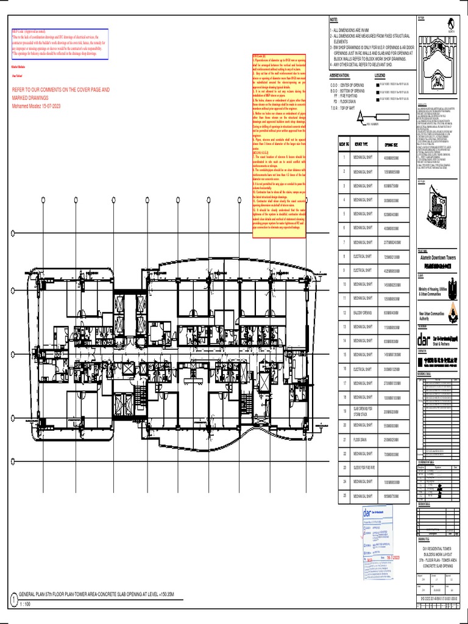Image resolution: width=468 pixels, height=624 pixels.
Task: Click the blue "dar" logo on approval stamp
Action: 370,514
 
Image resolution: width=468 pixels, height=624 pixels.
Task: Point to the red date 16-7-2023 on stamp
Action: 392,558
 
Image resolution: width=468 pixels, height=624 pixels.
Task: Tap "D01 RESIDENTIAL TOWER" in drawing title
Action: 440,548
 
